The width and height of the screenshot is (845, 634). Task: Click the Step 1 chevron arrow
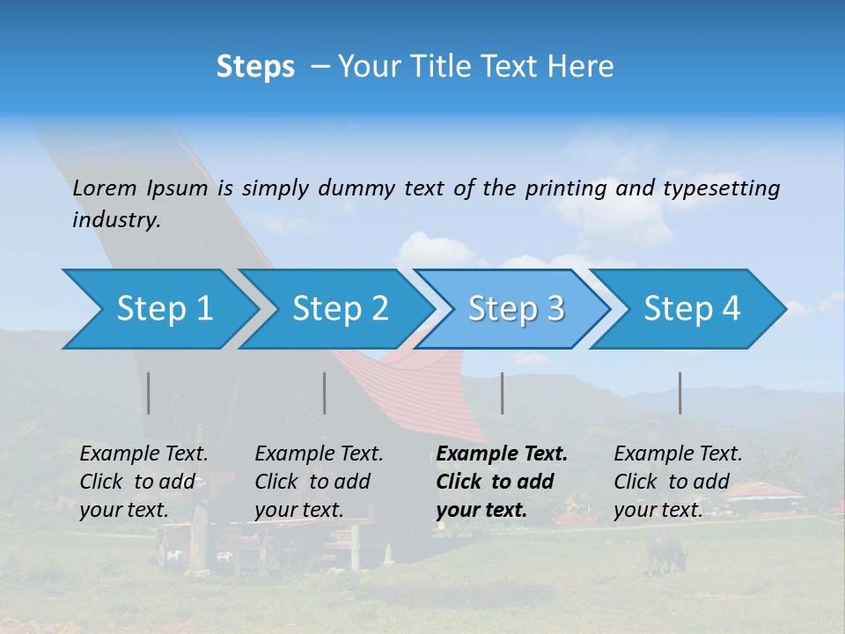click(x=158, y=309)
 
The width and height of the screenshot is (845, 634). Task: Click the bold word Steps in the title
click(x=255, y=67)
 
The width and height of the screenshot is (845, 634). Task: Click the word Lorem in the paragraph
click(x=105, y=188)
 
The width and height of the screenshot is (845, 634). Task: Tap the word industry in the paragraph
click(x=115, y=220)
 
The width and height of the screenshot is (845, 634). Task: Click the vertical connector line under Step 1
click(x=149, y=393)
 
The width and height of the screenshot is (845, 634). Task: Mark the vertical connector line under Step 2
click(x=325, y=393)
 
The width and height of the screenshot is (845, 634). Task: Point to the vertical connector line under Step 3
click(x=503, y=393)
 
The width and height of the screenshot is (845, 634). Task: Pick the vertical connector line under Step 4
click(x=680, y=393)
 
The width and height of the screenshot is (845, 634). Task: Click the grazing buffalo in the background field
click(x=665, y=549)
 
